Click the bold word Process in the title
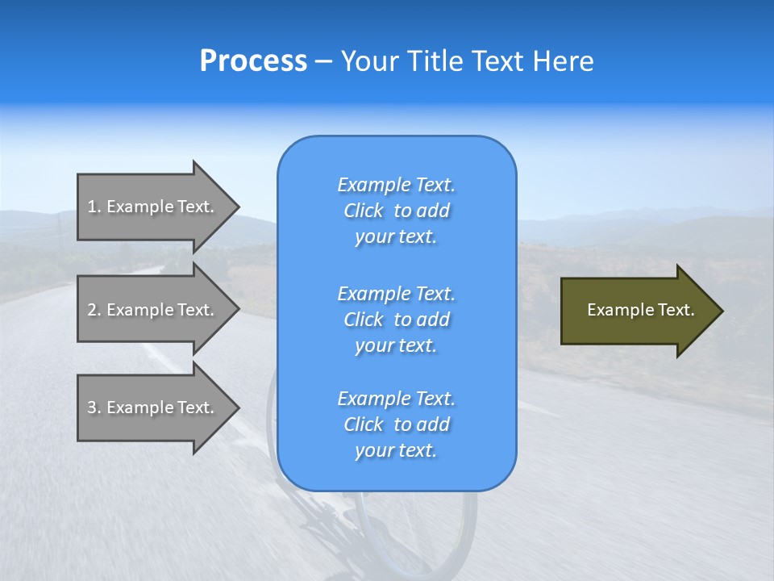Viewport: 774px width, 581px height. [253, 61]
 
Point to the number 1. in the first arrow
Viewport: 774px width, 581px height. [94, 207]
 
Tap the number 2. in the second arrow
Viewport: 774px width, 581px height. [94, 310]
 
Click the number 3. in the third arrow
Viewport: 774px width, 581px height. [94, 408]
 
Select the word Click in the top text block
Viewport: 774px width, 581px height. [364, 211]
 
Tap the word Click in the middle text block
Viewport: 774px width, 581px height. [364, 320]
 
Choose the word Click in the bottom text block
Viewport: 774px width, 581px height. [364, 424]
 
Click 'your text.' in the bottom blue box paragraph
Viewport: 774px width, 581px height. [396, 451]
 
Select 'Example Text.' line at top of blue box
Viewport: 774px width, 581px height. [396, 185]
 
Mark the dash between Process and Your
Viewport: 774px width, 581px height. [324, 62]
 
